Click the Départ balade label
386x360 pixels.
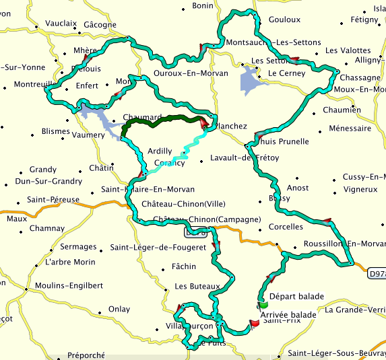[296, 296]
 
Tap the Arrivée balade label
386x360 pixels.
[288, 314]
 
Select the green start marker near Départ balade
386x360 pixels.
[261, 303]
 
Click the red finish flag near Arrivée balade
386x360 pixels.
[254, 324]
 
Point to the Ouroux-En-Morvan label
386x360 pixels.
[192, 73]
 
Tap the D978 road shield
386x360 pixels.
[377, 274]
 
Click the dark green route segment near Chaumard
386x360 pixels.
[162, 118]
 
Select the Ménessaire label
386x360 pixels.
[350, 128]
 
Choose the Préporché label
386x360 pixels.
[86, 355]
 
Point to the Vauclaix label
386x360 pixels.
[61, 23]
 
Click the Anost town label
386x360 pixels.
[298, 188]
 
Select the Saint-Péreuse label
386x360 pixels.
[53, 200]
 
